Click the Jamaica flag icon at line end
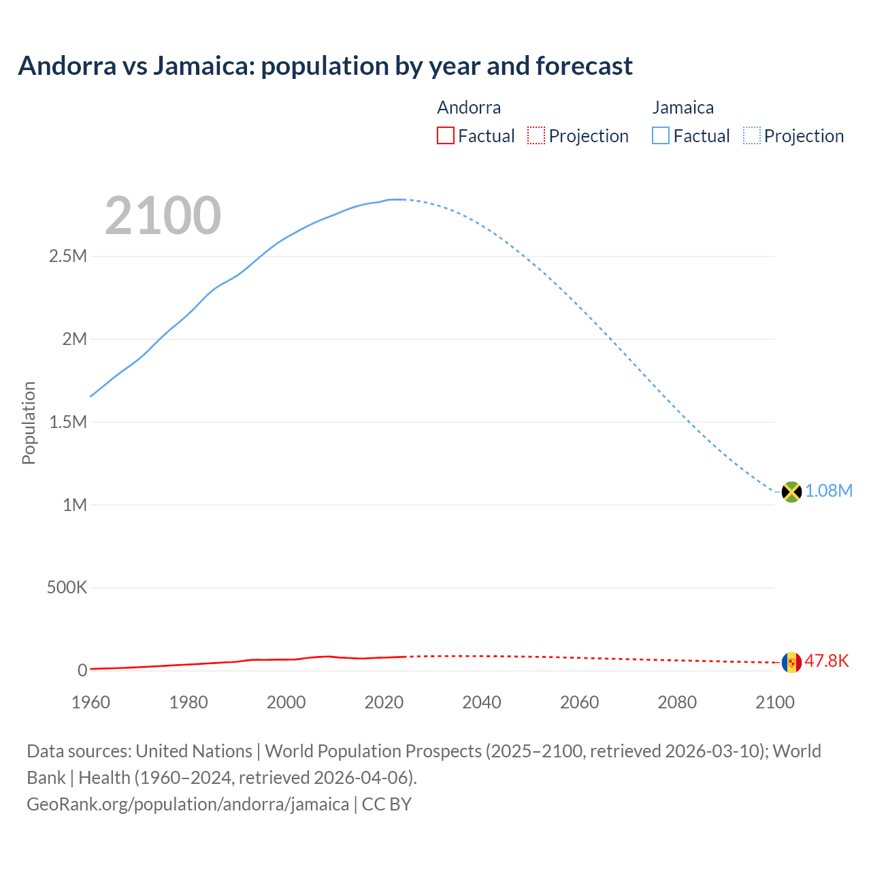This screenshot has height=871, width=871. pos(791,491)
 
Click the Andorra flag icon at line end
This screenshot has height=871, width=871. pos(791,661)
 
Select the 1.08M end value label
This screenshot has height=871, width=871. pos(829,491)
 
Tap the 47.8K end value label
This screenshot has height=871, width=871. pos(827,661)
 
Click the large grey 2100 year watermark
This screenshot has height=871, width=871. pos(163,216)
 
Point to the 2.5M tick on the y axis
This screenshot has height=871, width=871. pos(68,257)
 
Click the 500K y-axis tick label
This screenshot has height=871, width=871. pos(67,588)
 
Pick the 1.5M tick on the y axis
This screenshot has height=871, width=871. pos(68,423)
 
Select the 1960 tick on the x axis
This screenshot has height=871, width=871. pos(91,702)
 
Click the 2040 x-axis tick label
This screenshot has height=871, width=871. pos(482,702)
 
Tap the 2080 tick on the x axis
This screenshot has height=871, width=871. pos(677,702)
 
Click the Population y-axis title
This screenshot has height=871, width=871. pos(29,423)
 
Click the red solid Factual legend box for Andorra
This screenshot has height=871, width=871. pos(446,136)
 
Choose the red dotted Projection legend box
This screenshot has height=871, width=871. pos(536,136)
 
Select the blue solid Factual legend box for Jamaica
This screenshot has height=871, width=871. pos(661,136)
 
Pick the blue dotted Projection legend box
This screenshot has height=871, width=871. pos(752,136)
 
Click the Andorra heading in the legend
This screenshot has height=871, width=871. pos(469,108)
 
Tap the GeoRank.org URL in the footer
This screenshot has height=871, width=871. pos(188,804)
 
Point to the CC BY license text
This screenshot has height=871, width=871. pos(387,804)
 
